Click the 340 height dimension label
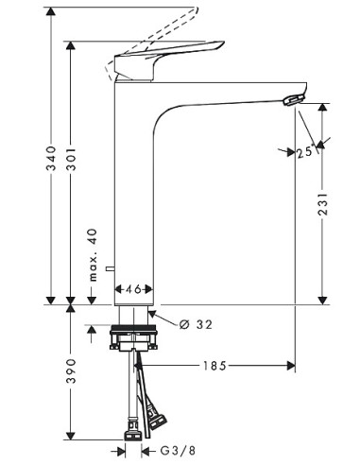(51, 158)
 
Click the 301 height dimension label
(71, 158)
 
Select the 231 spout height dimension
(322, 204)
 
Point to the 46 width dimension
(134, 289)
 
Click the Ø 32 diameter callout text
(196, 324)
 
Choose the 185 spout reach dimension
(214, 366)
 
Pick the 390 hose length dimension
(71, 370)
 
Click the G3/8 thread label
(178, 451)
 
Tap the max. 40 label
(93, 255)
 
